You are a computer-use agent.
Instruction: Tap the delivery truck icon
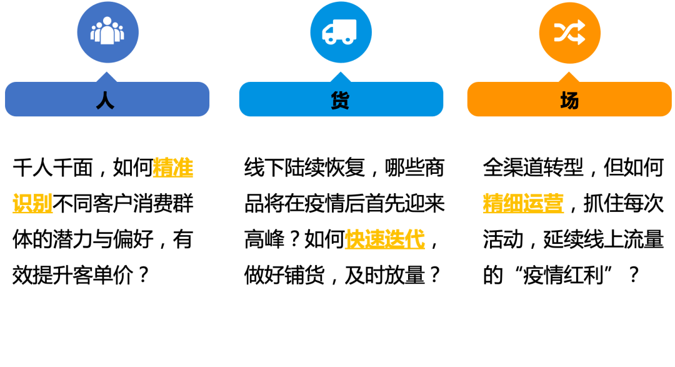click(340, 31)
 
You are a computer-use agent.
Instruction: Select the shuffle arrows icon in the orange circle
click(569, 33)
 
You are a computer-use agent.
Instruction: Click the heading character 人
click(106, 100)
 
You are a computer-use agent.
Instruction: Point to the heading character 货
click(341, 100)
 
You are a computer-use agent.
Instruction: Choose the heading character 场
click(569, 100)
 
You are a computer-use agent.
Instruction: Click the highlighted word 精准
click(173, 168)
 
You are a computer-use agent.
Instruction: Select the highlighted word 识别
click(32, 204)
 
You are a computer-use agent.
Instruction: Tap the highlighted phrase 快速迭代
click(384, 239)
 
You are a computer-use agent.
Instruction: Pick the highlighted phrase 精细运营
click(523, 204)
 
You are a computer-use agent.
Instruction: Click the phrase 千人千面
click(52, 168)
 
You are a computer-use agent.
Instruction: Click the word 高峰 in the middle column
click(264, 239)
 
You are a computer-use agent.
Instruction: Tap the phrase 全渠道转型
click(533, 168)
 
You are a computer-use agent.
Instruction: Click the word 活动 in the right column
click(503, 239)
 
